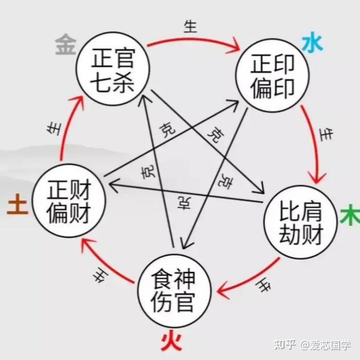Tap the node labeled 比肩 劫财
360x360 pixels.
click(301, 222)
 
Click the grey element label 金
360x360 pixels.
click(65, 46)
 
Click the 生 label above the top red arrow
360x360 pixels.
click(191, 27)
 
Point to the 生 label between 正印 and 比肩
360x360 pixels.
click(325, 135)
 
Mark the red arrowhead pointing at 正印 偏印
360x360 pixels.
click(237, 48)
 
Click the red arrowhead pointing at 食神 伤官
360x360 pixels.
click(222, 291)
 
